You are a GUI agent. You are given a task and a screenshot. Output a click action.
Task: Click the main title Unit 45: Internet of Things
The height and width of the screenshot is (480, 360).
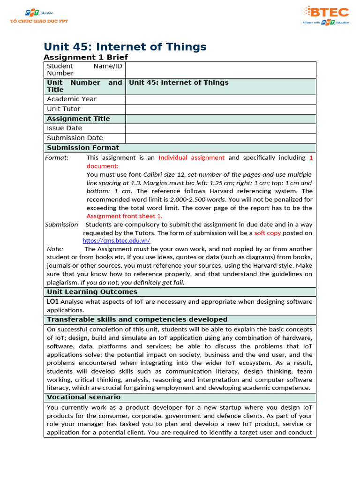[125, 47]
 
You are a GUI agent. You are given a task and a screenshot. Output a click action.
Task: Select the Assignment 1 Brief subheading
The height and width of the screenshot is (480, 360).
[85, 57]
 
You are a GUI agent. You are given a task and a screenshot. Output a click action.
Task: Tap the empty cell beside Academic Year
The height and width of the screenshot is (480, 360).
[220, 99]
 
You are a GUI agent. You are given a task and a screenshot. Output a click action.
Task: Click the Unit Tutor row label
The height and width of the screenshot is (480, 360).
[63, 109]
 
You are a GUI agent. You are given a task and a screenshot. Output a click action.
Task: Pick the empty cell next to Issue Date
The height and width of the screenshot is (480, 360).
[220, 128]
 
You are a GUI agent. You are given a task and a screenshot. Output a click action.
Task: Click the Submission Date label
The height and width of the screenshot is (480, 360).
[75, 138]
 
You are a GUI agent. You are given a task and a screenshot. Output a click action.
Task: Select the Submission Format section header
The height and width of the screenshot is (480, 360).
[83, 148]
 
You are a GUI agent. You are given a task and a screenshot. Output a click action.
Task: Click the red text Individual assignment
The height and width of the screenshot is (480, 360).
[191, 157]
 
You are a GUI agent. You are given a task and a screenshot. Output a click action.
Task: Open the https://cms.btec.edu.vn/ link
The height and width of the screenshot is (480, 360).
[116, 240]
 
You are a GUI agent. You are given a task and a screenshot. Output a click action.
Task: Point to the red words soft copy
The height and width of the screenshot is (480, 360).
[268, 233]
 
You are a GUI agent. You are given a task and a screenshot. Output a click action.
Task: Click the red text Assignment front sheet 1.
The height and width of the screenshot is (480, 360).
[124, 216]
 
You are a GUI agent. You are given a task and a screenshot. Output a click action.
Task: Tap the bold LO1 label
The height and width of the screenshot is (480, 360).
[52, 301]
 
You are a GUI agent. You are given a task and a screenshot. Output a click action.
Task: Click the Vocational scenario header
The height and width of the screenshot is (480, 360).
[83, 397]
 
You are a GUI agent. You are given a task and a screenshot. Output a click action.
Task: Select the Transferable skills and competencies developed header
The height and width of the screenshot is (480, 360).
[137, 319]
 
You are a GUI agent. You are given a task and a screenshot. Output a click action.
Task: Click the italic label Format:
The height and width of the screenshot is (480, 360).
[57, 157]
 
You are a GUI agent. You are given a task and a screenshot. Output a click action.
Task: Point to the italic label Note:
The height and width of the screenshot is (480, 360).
[55, 249]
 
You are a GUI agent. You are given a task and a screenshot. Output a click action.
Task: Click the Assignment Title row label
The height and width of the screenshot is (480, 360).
[78, 119]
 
